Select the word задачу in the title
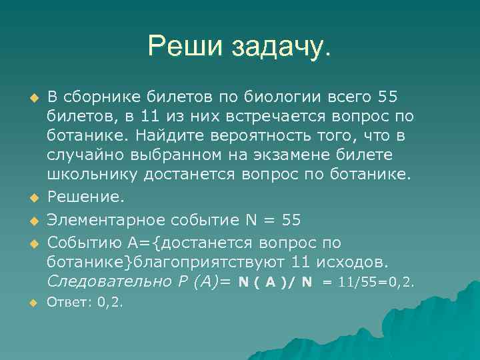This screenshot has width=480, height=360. point(281,47)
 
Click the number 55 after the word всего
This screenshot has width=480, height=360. point(387,97)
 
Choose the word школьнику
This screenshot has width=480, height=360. point(84,175)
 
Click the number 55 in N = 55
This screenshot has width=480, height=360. point(291,219)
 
